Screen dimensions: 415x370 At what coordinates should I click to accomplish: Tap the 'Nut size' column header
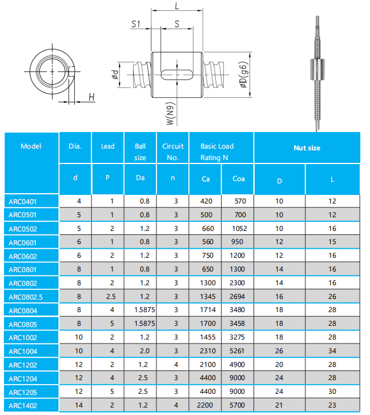(x=307, y=148)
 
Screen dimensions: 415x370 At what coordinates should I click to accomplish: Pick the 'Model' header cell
(x=31, y=146)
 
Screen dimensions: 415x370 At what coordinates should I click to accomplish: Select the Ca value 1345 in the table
(x=206, y=296)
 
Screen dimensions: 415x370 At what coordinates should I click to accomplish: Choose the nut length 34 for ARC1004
(x=332, y=351)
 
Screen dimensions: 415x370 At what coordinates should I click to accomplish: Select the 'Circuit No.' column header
(x=173, y=151)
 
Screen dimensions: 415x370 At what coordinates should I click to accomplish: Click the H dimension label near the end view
(x=91, y=98)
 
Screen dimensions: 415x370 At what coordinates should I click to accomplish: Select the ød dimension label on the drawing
(x=115, y=75)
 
